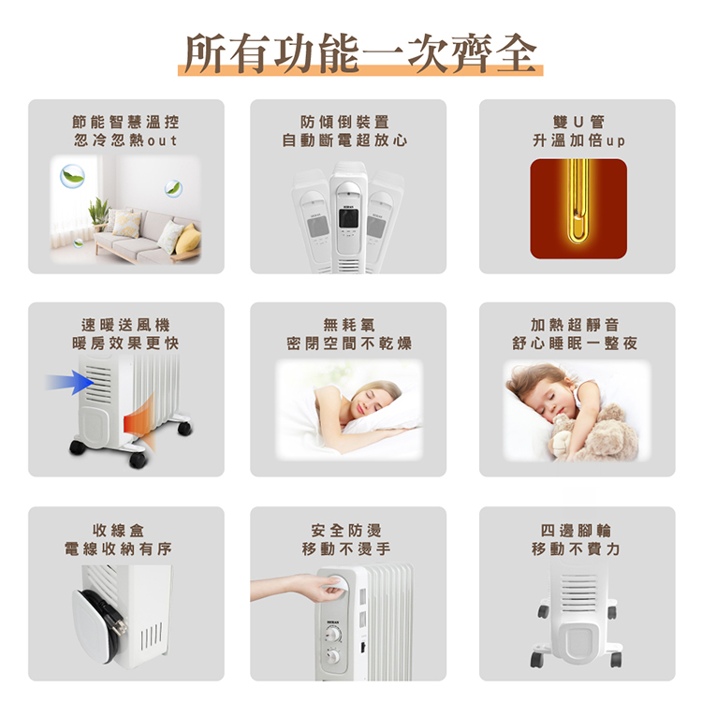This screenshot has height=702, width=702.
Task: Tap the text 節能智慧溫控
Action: (x=126, y=122)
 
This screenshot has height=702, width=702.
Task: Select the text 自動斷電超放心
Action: (x=347, y=140)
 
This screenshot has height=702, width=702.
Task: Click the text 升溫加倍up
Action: (x=578, y=140)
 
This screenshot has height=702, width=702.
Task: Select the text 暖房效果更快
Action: (x=126, y=344)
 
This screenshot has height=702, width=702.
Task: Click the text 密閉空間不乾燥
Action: (x=347, y=344)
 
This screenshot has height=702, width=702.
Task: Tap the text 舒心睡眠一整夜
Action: (x=578, y=344)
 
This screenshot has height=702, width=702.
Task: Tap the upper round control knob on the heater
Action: (x=334, y=634)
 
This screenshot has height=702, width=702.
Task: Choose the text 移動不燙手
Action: (x=347, y=548)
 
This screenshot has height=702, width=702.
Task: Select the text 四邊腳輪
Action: (x=578, y=530)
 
